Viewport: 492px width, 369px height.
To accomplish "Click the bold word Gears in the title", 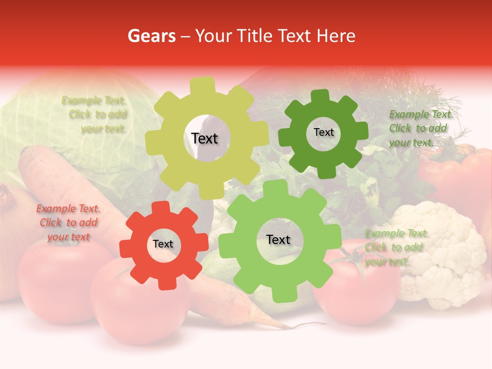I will coord(151,36).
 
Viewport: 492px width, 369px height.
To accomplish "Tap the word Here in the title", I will coord(336,36).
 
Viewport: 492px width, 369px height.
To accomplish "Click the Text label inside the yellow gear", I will coord(204,138).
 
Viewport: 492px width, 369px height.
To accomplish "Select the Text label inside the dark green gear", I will coord(323,132).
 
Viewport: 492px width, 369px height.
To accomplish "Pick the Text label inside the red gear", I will coord(163,244).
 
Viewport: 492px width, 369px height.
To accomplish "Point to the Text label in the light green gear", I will coord(278,239).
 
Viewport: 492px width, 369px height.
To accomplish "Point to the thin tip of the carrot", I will coord(307,325).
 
